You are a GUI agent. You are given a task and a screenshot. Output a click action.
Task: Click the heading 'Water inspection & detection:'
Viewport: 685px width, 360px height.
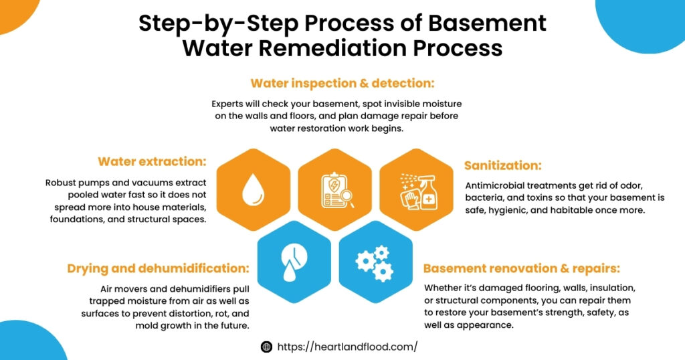click(342, 84)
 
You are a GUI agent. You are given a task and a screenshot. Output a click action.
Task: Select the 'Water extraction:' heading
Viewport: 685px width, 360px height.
click(152, 162)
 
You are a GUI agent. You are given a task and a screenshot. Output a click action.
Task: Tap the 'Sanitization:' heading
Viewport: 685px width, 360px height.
click(502, 165)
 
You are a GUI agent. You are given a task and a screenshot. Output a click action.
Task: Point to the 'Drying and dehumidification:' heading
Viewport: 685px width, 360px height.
click(158, 269)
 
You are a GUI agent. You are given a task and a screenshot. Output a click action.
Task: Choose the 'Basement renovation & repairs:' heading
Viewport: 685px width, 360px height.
click(522, 269)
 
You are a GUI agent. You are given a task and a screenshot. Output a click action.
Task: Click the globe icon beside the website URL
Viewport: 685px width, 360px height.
click(266, 347)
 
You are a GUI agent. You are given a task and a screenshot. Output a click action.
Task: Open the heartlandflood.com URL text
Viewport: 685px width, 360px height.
click(347, 347)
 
